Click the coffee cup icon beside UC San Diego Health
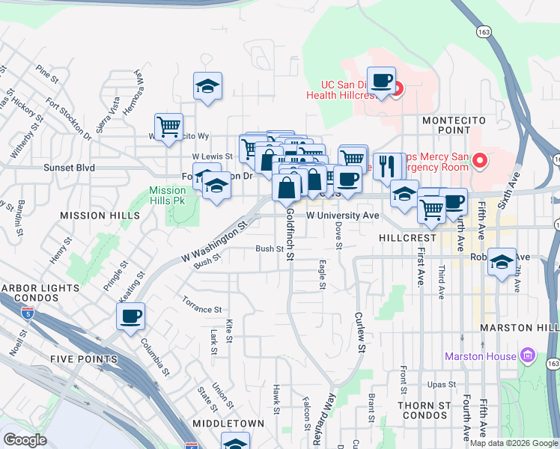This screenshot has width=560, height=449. click(x=381, y=81)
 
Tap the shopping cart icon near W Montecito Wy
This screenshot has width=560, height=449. click(x=169, y=126)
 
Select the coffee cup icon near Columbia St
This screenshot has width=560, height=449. click(x=131, y=316)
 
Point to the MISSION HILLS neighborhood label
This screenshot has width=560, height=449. click(x=100, y=216)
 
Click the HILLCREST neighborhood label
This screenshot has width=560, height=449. click(x=407, y=237)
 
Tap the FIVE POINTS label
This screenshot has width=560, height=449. click(x=84, y=359)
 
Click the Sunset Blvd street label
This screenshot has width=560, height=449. click(x=69, y=168)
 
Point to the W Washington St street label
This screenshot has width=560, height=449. click(x=213, y=242)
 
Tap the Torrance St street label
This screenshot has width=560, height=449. click(x=202, y=308)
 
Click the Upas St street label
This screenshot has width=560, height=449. click(x=441, y=385)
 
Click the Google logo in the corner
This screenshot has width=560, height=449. click(x=25, y=440)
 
